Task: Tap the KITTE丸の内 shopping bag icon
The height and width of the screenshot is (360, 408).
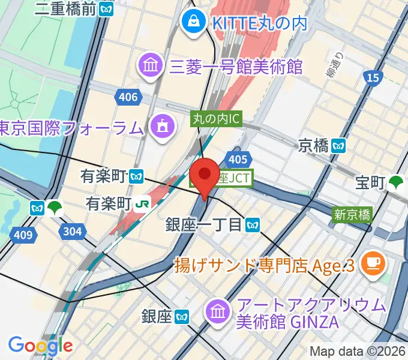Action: coord(194,23)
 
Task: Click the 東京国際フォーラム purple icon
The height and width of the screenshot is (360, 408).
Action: coord(162,127)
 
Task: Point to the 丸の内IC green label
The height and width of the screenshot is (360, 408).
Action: coord(216,119)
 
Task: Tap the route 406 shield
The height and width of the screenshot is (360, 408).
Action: coord(128,97)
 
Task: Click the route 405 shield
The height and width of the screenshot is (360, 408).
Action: coord(238,158)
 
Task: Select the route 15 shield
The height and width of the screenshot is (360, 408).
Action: coord(372,77)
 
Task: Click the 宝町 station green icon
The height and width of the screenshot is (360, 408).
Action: coord(396,183)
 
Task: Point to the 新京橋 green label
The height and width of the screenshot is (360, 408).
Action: coord(352,214)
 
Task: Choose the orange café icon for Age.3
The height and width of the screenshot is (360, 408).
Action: coord(377,262)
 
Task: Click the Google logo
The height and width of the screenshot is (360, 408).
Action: coord(40,346)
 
